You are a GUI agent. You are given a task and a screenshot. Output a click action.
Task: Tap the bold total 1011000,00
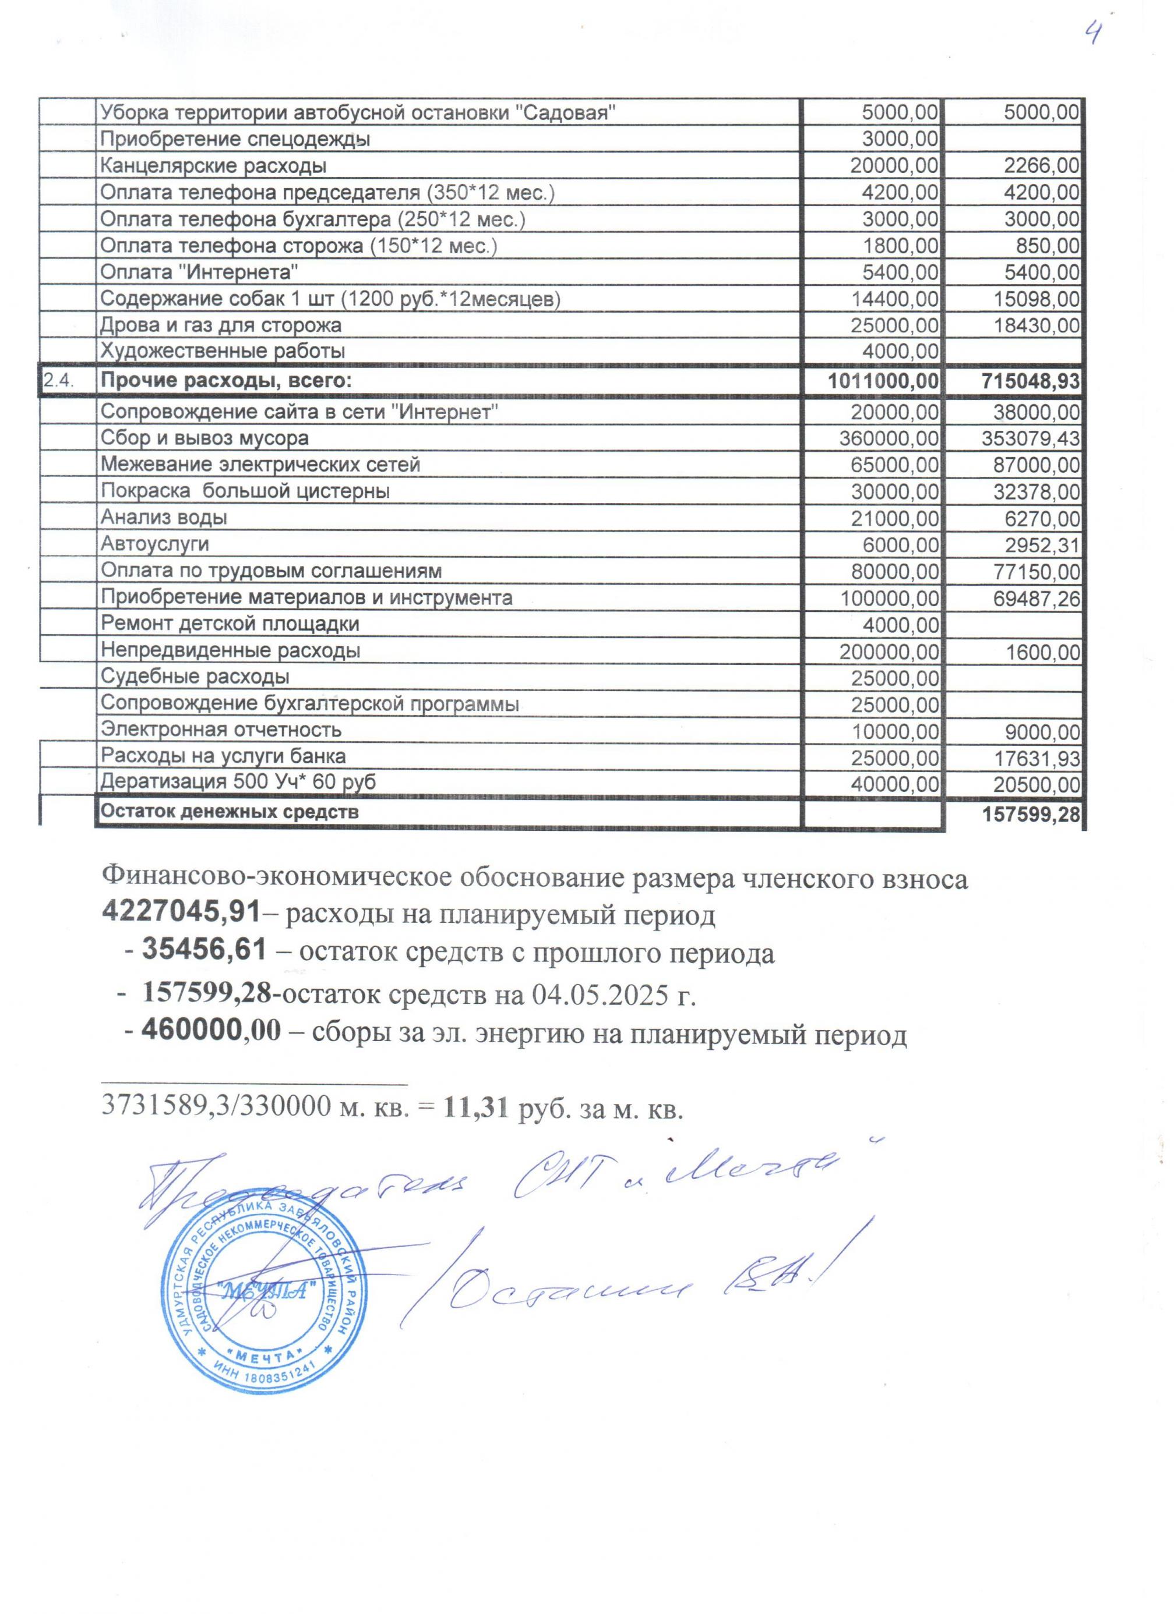coord(883,381)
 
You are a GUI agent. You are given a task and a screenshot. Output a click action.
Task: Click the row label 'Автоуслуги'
coord(154,544)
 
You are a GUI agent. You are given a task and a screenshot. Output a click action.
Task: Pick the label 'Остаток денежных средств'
coord(229,811)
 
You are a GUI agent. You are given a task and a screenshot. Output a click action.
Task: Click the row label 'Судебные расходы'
coord(195,676)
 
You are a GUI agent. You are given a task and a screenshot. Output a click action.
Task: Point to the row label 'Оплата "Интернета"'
coord(199,272)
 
